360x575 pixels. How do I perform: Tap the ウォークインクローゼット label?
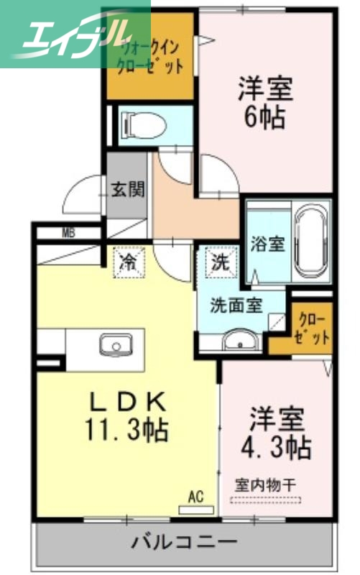click(x=149, y=57)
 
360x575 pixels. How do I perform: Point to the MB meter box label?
click(x=69, y=232)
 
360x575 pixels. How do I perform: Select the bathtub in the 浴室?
click(x=311, y=243)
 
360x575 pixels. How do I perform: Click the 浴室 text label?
click(x=267, y=244)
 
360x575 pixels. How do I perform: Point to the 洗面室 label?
click(x=236, y=304)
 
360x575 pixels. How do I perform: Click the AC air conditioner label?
click(x=195, y=495)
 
